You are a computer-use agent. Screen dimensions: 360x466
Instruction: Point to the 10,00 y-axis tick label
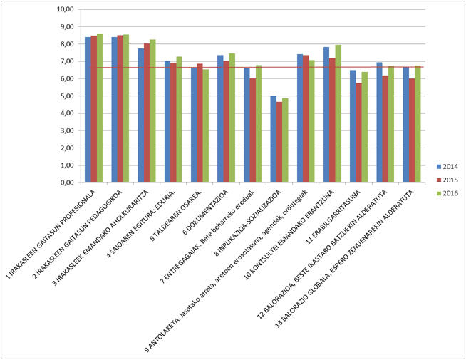(x=66, y=9)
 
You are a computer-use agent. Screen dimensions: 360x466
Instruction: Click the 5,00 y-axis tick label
(x=67, y=96)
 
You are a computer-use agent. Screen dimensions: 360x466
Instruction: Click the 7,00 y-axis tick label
(x=67, y=61)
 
